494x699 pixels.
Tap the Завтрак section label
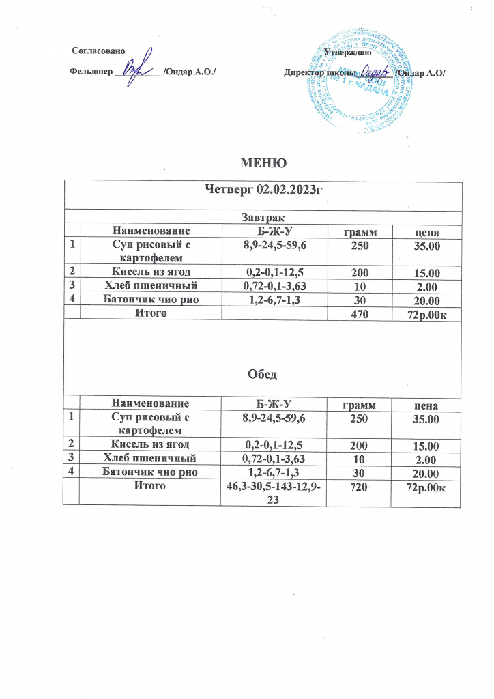tap(261, 217)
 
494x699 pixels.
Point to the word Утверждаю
tap(347, 53)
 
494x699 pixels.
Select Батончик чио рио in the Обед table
tap(154, 472)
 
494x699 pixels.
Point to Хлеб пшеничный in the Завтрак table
tap(154, 286)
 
